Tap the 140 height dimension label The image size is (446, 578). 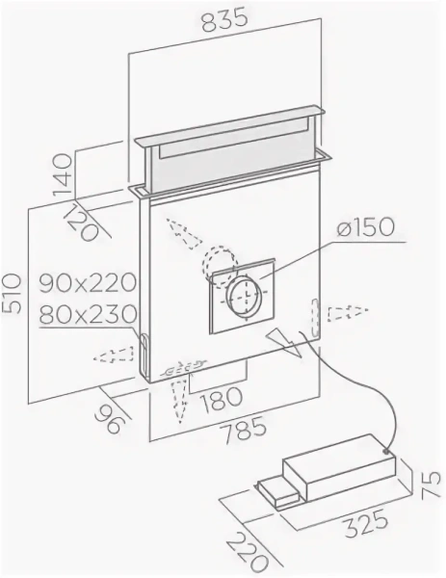[x=62, y=174]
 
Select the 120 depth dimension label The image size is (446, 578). [x=82, y=222]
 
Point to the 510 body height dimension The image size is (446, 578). [x=12, y=293]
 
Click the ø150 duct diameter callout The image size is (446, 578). [x=365, y=227]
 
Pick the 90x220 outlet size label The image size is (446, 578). [x=88, y=283]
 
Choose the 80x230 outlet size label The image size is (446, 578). [x=88, y=315]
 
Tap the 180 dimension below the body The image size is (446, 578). [x=222, y=400]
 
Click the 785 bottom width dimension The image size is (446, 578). [x=242, y=429]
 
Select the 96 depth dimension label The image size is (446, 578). [x=108, y=418]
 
